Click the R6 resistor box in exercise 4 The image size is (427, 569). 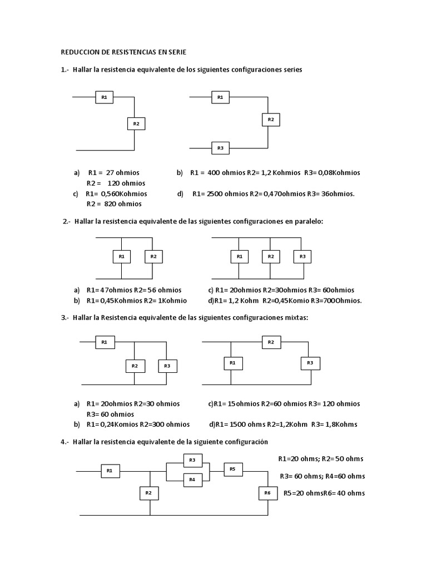point(267,493)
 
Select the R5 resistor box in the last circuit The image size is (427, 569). point(232,470)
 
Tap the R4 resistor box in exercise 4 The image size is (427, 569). point(192,480)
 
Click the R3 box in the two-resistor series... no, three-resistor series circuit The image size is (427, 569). point(220,148)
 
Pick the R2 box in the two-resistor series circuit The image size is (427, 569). point(136,123)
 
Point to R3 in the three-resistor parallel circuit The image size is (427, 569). point(302,256)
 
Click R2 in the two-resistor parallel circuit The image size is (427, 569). point(153,256)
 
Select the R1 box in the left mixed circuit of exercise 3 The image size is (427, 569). point(104,342)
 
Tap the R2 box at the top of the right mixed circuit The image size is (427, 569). point(271,342)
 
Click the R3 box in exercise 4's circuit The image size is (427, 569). point(192,460)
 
